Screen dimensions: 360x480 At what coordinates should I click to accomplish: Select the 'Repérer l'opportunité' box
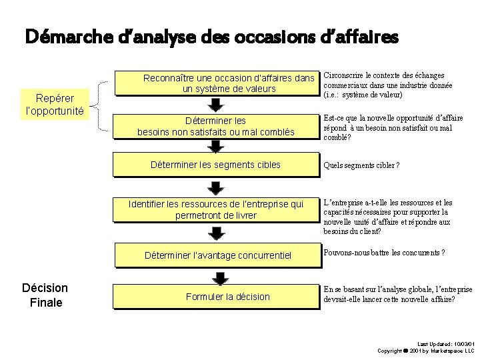(x=54, y=104)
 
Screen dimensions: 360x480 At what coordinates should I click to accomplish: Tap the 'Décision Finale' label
(x=45, y=295)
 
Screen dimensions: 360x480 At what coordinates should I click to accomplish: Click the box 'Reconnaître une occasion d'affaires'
(x=216, y=83)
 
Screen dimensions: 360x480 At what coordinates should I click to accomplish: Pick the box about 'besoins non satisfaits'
(x=216, y=127)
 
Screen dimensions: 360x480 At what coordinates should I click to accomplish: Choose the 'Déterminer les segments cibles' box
(x=216, y=165)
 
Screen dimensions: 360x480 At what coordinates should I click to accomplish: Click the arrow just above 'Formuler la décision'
(x=218, y=277)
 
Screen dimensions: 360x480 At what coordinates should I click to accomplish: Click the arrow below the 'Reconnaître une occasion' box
(x=216, y=105)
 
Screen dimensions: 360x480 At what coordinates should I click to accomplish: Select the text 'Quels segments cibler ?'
(x=361, y=165)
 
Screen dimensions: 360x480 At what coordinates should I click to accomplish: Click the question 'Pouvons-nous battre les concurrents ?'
(x=384, y=253)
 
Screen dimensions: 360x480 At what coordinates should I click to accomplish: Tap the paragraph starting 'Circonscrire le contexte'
(x=387, y=85)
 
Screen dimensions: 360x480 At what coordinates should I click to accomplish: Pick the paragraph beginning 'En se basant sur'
(x=397, y=295)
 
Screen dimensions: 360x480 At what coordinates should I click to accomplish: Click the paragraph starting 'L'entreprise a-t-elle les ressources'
(x=387, y=217)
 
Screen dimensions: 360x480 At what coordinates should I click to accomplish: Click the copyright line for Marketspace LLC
(x=425, y=351)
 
